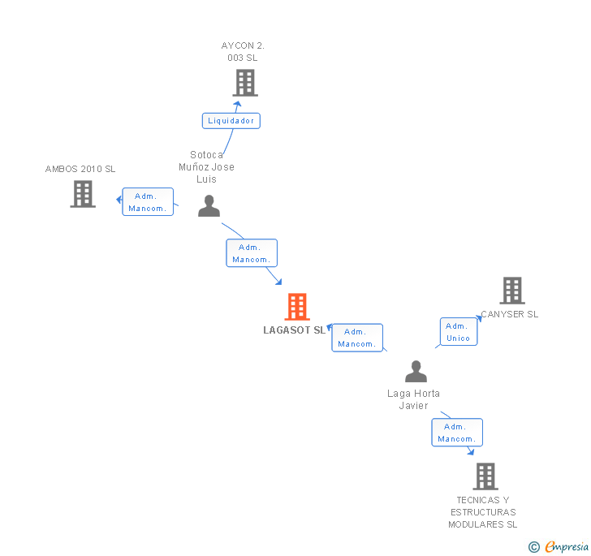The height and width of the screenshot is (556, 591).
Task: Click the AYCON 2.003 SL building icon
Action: (x=244, y=82)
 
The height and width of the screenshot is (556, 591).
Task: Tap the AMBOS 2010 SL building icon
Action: (x=83, y=194)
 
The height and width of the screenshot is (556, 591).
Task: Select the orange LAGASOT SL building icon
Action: (x=297, y=307)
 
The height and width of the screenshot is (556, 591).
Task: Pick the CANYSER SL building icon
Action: (x=512, y=291)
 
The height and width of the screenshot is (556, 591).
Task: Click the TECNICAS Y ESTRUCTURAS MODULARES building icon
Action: (x=485, y=476)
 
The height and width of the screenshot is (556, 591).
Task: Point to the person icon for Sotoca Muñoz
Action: (x=209, y=206)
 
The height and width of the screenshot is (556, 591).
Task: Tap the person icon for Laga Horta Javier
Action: (x=416, y=372)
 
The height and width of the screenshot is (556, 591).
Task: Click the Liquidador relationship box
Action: (x=231, y=121)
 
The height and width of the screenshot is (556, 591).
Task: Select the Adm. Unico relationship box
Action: (x=458, y=332)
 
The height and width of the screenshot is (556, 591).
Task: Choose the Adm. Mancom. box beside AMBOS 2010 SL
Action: (x=148, y=202)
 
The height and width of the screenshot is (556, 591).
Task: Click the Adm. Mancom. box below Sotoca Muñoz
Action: (x=252, y=253)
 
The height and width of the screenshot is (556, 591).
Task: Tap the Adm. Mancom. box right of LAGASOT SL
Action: (x=356, y=338)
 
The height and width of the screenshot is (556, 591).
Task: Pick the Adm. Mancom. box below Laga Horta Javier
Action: (x=456, y=433)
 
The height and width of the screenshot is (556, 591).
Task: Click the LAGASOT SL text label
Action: (x=294, y=330)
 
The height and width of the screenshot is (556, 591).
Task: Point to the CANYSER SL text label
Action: (x=509, y=314)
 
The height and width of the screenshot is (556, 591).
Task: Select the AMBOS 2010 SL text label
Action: (x=80, y=169)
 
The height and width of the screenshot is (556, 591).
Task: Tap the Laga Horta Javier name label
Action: (x=413, y=399)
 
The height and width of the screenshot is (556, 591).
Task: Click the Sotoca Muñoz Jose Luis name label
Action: (x=206, y=166)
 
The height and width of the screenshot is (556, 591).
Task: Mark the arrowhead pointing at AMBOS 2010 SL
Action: (x=119, y=199)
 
